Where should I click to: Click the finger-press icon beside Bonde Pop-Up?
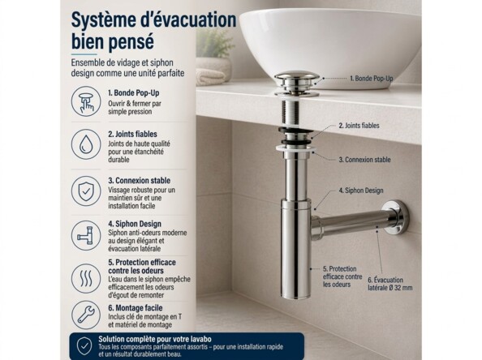pyautogui.click(x=86, y=101)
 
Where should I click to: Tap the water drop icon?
pyautogui.click(x=86, y=144)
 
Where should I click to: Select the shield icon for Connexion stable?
pyautogui.click(x=86, y=191)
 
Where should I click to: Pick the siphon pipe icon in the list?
pyautogui.click(x=86, y=235)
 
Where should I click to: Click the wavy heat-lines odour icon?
pyautogui.click(x=86, y=278)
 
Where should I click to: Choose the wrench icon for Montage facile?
pyautogui.click(x=86, y=315)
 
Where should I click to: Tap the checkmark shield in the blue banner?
pyautogui.click(x=84, y=346)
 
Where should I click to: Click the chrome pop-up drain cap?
pyautogui.click(x=296, y=79)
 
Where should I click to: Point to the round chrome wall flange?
pyautogui.click(x=397, y=217)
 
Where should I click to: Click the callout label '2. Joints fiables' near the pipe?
pyautogui.click(x=359, y=126)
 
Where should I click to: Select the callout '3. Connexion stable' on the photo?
pyautogui.click(x=364, y=160)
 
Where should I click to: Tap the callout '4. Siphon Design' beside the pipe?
pyautogui.click(x=361, y=191)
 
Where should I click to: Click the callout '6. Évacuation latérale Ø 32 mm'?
pyautogui.click(x=390, y=284)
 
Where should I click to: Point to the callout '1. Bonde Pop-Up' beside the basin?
pyautogui.click(x=372, y=79)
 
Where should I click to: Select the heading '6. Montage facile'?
pyautogui.click(x=136, y=308)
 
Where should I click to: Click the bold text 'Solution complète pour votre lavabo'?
pyautogui.click(x=155, y=339)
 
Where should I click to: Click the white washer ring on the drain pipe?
pyautogui.click(x=295, y=149)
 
